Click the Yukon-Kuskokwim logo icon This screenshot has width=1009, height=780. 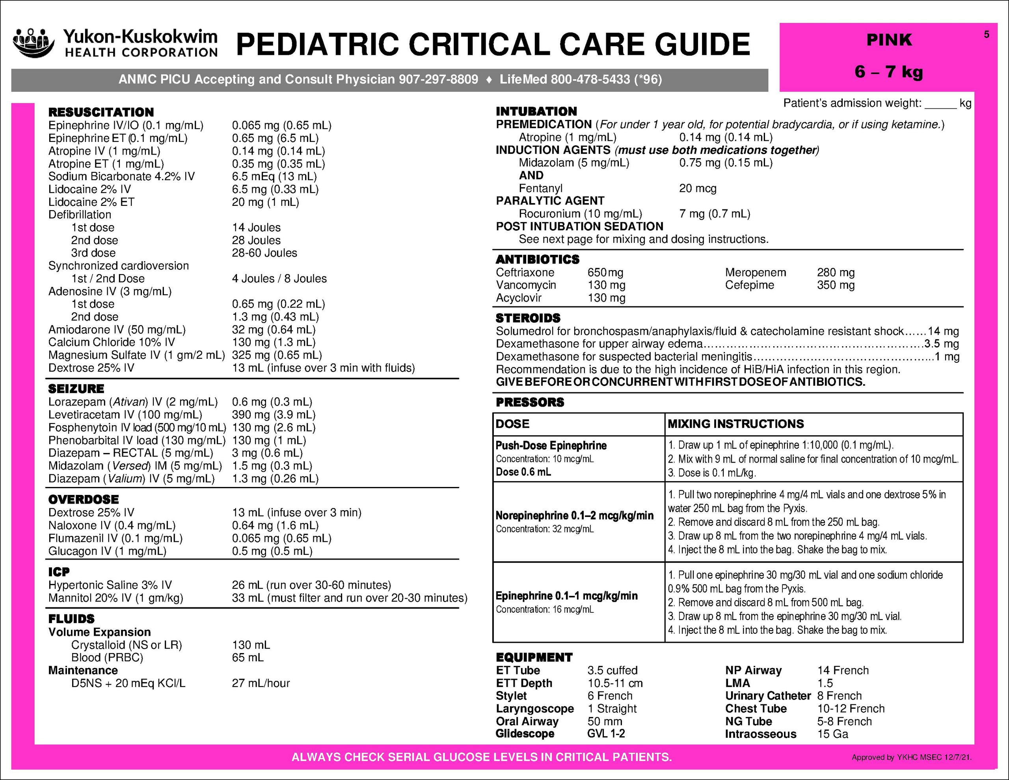[x=33, y=43]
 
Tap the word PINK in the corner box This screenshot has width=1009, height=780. [x=888, y=40]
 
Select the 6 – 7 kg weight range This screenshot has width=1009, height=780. [x=888, y=72]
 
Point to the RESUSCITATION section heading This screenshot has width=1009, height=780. [x=101, y=112]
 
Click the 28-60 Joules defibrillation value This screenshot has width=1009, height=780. [x=264, y=253]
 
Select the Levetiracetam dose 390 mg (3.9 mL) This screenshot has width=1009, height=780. [x=274, y=415]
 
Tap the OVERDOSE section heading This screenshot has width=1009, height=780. [x=83, y=499]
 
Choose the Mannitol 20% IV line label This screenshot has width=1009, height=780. [x=115, y=598]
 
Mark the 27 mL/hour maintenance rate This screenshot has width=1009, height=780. [x=261, y=683]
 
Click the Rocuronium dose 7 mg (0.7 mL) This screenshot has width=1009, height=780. [x=714, y=214]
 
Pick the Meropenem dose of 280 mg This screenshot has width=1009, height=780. [x=835, y=272]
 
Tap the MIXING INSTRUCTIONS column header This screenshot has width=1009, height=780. [x=735, y=424]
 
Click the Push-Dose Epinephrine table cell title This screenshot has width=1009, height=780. [x=551, y=446]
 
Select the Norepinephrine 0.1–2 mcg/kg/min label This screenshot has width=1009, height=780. [x=574, y=515]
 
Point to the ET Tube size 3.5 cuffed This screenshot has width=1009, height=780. [x=612, y=670]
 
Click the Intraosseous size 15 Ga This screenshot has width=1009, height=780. [x=832, y=734]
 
